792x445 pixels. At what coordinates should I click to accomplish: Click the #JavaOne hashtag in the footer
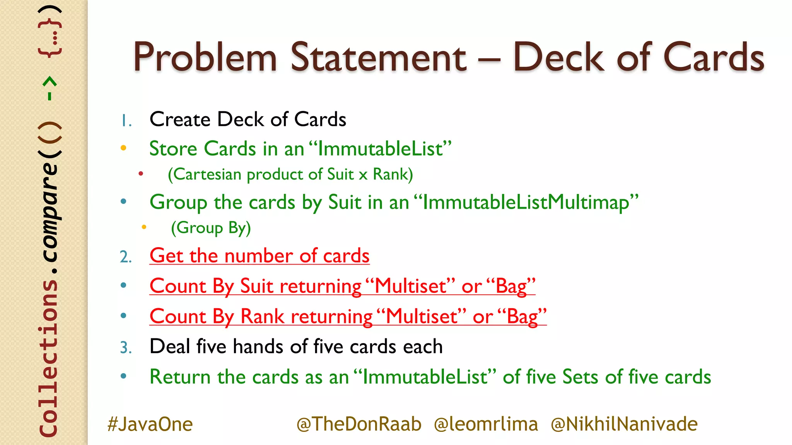[150, 424]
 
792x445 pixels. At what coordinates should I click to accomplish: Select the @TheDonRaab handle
[359, 424]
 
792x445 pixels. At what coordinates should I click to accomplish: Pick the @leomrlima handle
[486, 424]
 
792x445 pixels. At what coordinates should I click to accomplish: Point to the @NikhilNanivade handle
[624, 424]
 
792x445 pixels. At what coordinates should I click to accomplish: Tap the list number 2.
[126, 257]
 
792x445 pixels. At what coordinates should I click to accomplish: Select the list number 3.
[126, 347]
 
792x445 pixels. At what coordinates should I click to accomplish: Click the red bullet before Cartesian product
[141, 174]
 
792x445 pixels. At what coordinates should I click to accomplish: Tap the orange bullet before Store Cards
[123, 148]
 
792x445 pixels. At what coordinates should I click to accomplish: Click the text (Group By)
[211, 228]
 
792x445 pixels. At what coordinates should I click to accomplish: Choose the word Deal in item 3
[169, 346]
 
